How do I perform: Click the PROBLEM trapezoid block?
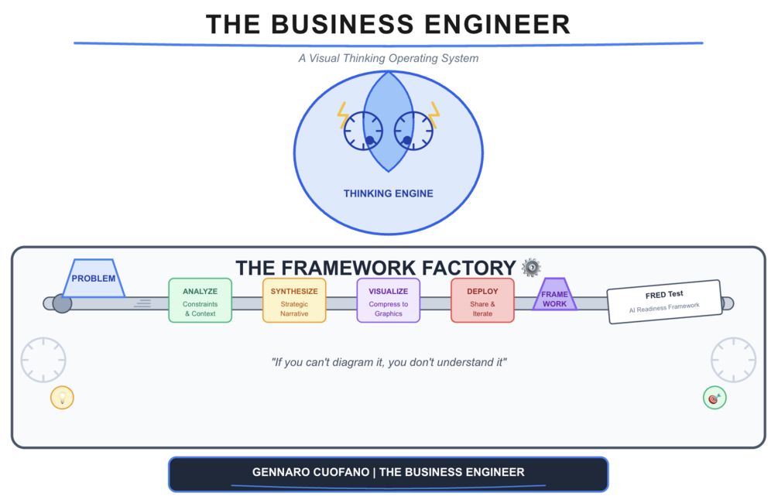click(94, 279)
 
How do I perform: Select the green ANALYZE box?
click(200, 300)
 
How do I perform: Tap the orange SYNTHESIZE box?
click(294, 300)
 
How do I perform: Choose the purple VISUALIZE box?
click(388, 300)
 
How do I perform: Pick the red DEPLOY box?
click(482, 300)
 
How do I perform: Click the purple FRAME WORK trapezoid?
click(554, 295)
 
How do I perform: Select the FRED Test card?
click(664, 301)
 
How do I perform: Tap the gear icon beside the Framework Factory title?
click(531, 268)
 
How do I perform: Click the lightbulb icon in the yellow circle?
click(62, 398)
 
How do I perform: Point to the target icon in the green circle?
click(715, 398)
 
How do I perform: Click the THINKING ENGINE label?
click(388, 193)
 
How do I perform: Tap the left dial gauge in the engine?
click(363, 131)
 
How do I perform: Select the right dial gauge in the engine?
click(413, 131)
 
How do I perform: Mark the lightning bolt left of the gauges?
click(343, 116)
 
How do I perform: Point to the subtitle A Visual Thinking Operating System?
click(388, 58)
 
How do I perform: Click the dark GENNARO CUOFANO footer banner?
click(388, 473)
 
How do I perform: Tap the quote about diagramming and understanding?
click(388, 361)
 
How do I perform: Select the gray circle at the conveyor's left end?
click(62, 303)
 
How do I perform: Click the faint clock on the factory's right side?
click(733, 360)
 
